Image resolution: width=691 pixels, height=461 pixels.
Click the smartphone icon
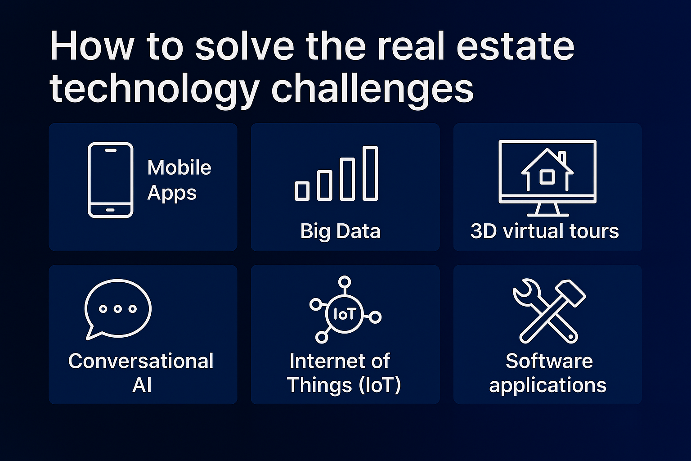click(x=110, y=180)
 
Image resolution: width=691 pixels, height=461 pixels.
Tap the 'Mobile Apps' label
click(x=179, y=180)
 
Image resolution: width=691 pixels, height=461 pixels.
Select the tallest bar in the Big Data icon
click(x=370, y=173)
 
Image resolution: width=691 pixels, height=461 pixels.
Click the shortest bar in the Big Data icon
click(x=302, y=191)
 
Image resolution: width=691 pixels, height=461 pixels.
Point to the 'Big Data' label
click(x=340, y=231)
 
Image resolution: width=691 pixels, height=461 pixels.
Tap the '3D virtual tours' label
click(x=544, y=231)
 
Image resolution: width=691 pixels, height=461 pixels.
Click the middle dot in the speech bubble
click(x=117, y=309)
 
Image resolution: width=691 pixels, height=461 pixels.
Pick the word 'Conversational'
click(x=141, y=361)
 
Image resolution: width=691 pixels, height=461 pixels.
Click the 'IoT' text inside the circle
click(x=345, y=314)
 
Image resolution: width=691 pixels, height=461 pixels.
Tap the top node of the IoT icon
click(x=345, y=282)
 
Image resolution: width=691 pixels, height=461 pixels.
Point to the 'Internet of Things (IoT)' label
click(x=344, y=373)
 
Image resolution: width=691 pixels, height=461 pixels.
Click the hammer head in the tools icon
click(x=571, y=293)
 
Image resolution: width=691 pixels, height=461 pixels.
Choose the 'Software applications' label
click(x=548, y=373)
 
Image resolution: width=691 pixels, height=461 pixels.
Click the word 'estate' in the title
click(x=515, y=47)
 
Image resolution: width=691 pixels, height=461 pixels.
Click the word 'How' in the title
click(x=92, y=46)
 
